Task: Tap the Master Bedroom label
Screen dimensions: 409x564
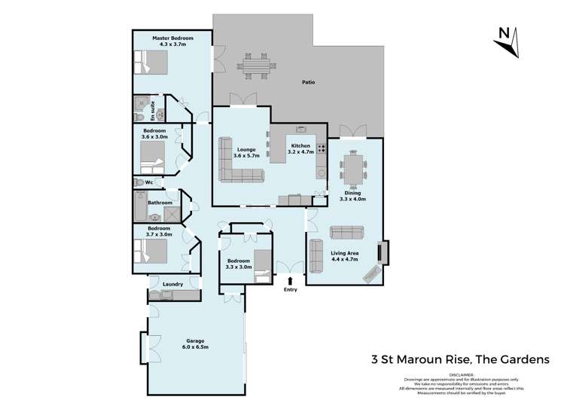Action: (172, 38)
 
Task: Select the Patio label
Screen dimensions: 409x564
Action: (309, 81)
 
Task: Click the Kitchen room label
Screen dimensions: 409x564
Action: (301, 145)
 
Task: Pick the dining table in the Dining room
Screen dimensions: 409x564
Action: (352, 167)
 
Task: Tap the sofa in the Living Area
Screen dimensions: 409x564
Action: (352, 233)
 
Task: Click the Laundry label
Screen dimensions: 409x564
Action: (173, 284)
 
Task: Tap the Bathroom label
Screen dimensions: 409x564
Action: (160, 203)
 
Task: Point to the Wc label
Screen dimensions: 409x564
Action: (149, 182)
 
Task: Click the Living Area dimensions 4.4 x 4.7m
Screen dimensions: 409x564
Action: (343, 260)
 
